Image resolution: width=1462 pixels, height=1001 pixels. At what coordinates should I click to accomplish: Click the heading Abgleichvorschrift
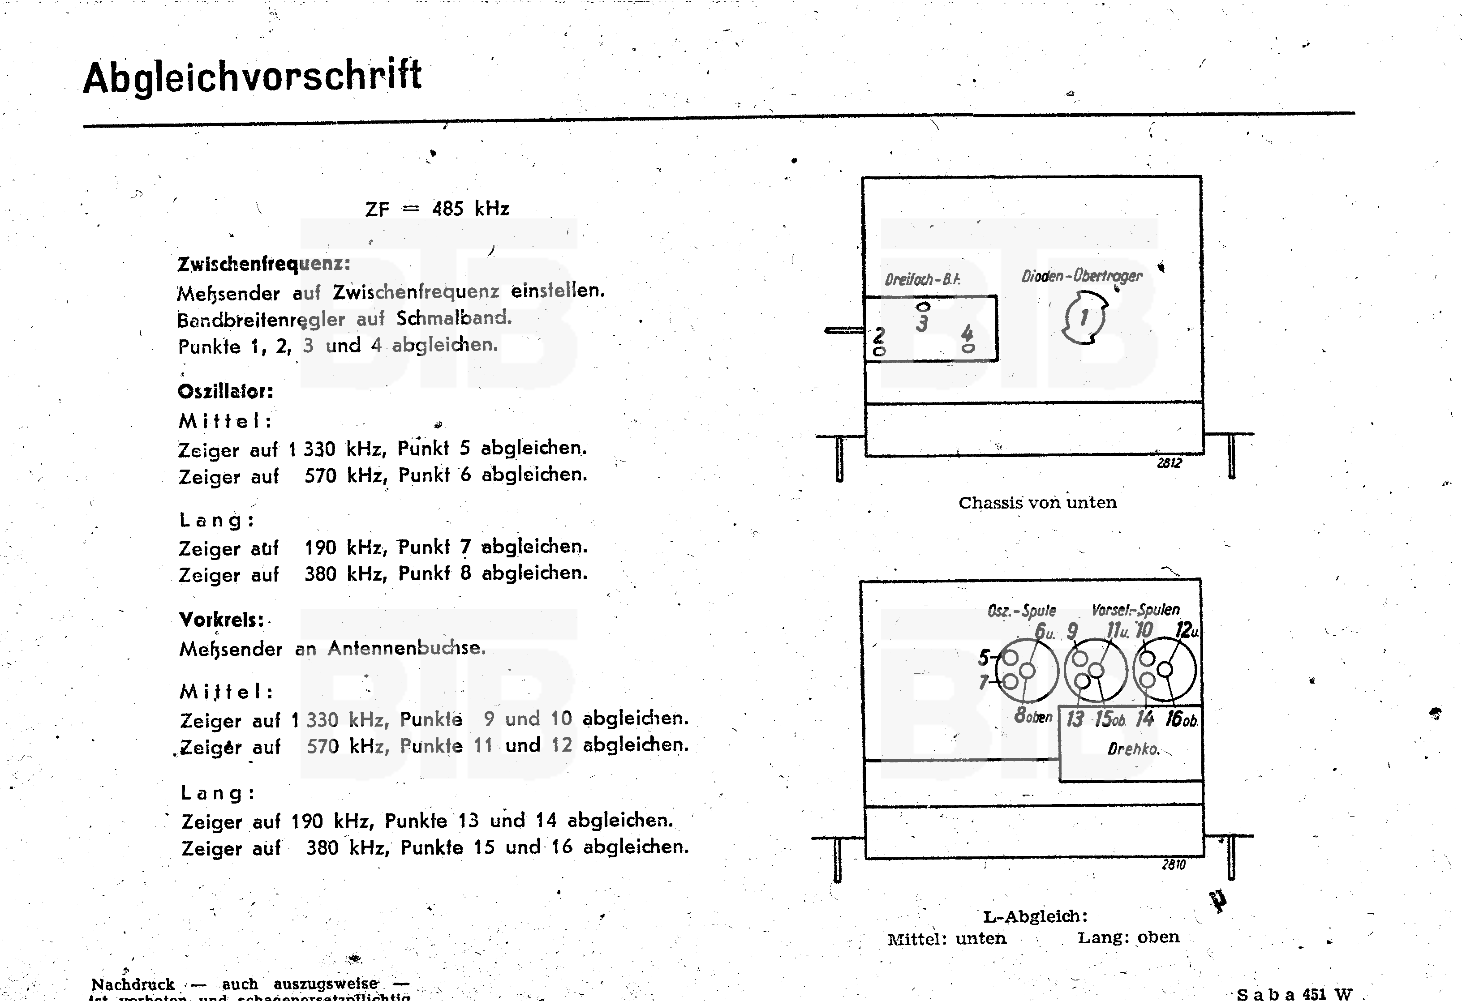pyautogui.click(x=252, y=77)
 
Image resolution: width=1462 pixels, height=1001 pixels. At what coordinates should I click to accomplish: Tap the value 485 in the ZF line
pyautogui.click(x=447, y=209)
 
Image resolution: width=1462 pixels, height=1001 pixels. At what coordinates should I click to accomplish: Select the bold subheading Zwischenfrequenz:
pyautogui.click(x=263, y=264)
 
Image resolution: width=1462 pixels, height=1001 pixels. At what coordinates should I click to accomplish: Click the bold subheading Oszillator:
pyautogui.click(x=225, y=392)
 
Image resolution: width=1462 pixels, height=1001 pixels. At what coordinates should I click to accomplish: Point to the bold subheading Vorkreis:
pyautogui.click(x=221, y=620)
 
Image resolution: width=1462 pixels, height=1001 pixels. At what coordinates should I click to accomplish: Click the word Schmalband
pyautogui.click(x=454, y=318)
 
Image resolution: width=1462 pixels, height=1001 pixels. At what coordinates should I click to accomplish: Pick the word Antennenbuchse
pyautogui.click(x=406, y=648)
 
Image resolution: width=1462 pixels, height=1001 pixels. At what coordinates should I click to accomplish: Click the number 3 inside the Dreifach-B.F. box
pyautogui.click(x=922, y=323)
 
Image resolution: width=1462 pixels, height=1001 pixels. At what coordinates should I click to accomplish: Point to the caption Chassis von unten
pyautogui.click(x=1037, y=502)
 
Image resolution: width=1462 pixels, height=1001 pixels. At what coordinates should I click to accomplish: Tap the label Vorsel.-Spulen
pyautogui.click(x=1135, y=609)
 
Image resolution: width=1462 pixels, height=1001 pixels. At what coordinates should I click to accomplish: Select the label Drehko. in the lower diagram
pyautogui.click(x=1132, y=749)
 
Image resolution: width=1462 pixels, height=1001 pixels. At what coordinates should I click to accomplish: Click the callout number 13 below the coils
pyautogui.click(x=1075, y=719)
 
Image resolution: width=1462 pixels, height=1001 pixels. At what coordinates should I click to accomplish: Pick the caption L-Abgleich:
pyautogui.click(x=1035, y=916)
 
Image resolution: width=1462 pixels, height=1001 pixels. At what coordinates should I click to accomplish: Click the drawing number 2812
pyautogui.click(x=1169, y=463)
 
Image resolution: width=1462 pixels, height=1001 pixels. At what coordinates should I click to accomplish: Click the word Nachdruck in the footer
pyautogui.click(x=133, y=984)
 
